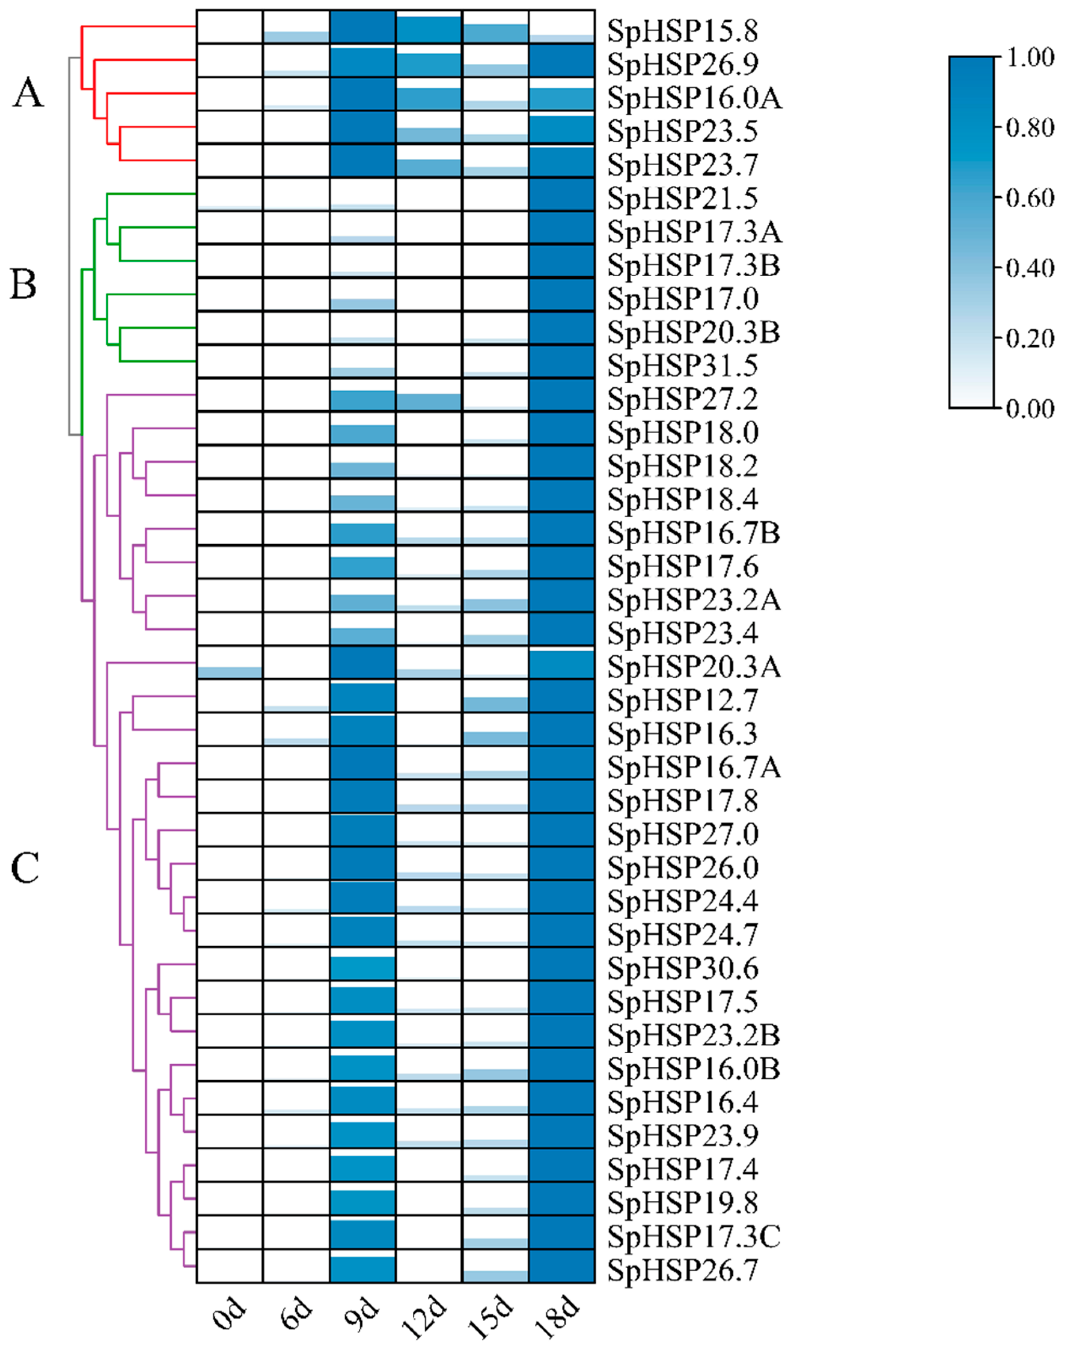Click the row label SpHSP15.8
(683, 31)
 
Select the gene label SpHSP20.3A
(694, 667)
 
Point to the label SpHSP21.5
(683, 198)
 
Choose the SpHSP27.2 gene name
(683, 399)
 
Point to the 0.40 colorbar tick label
(1029, 268)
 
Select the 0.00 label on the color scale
(1029, 409)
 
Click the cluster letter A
(28, 94)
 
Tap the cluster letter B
(24, 285)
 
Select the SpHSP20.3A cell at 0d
(230, 663)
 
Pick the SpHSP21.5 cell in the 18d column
(561, 194)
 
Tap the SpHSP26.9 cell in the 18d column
(561, 60)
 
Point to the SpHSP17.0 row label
(683, 299)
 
